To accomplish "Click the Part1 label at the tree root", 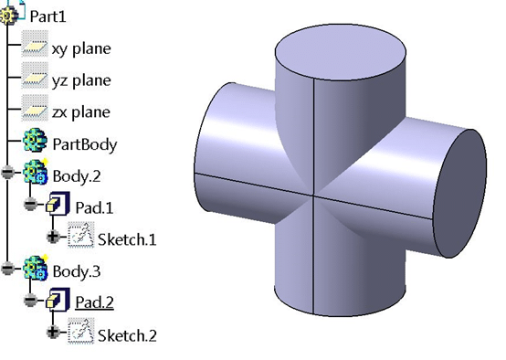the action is (47, 16).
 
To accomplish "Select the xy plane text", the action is (81, 48).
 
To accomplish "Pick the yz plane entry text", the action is (81, 80).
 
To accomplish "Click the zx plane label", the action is (81, 112).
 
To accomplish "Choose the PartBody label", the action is (84, 144).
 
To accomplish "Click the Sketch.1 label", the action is (127, 239).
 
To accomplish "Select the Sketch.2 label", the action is (127, 334).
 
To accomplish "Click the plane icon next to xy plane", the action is (34, 48).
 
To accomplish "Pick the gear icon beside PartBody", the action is (34, 143).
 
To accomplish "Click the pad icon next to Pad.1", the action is (58, 205).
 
